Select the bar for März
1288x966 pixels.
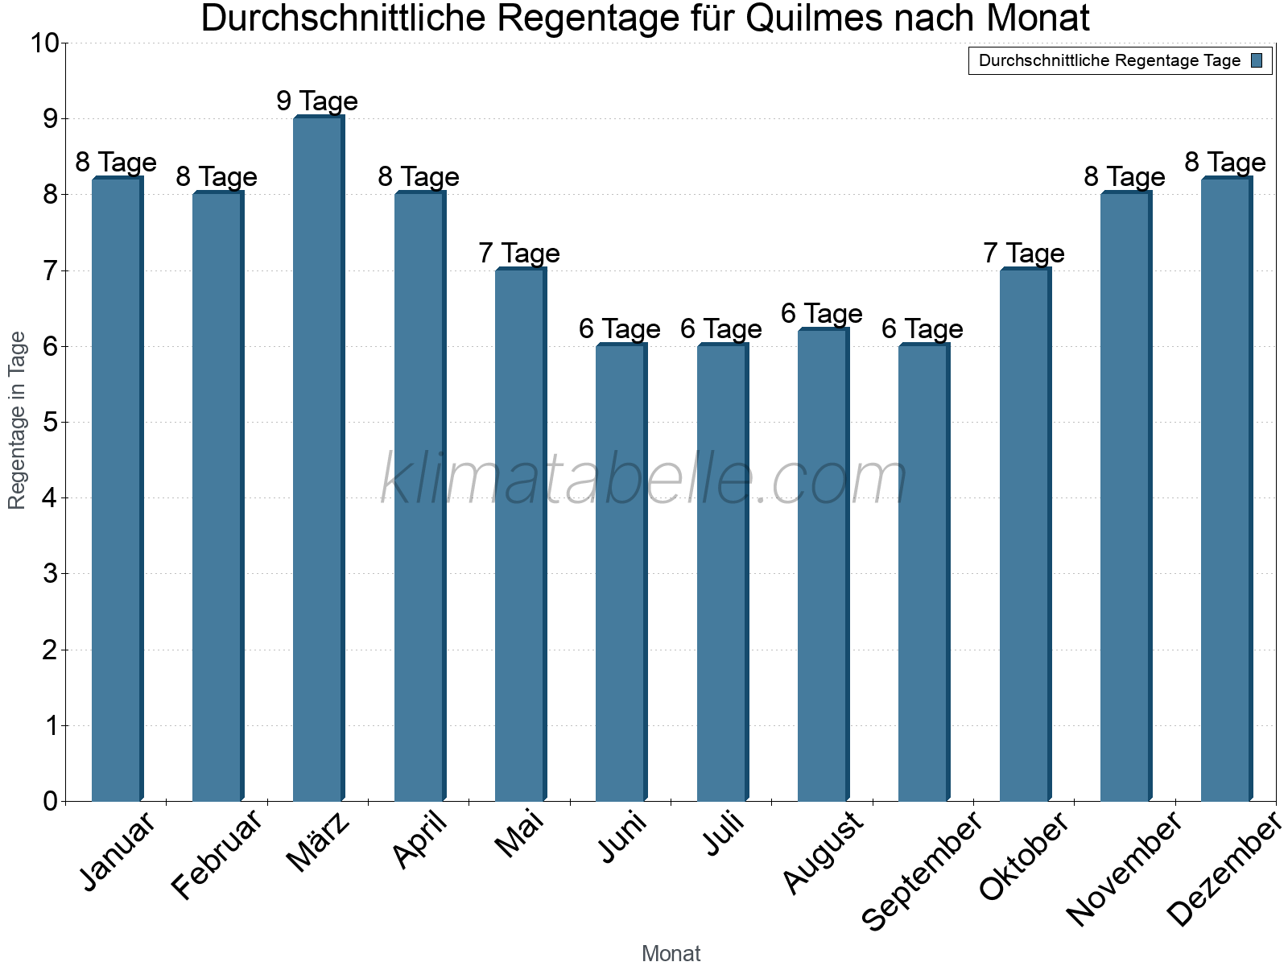coord(318,459)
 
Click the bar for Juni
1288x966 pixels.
coord(621,572)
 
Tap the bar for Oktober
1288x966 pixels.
coord(1025,535)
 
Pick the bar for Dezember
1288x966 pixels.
coord(1226,489)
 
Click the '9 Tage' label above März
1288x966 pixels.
coord(317,101)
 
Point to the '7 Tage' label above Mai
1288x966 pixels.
coord(519,254)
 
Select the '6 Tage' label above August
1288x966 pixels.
coord(822,313)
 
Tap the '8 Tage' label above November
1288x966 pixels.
coord(1125,177)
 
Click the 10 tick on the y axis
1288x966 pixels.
coord(44,43)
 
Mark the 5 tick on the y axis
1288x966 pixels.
coord(50,423)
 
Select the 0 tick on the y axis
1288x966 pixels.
coord(50,801)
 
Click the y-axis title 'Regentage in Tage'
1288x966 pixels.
coord(18,421)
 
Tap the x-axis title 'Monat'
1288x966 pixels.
coord(671,954)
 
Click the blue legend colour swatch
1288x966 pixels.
coord(1257,60)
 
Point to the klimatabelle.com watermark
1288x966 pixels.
coord(644,480)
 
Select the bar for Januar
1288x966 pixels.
coord(117,489)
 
